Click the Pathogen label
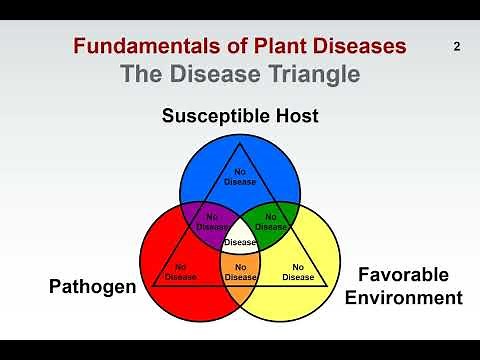[92, 287]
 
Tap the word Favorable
[404, 275]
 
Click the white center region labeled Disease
[240, 242]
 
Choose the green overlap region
[272, 221]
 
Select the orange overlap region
[240, 271]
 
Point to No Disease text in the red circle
[180, 272]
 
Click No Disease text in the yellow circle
[298, 272]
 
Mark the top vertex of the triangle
[240, 143]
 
